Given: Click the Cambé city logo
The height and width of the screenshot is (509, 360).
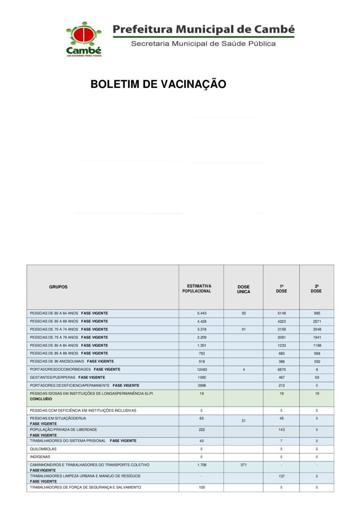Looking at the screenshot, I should [84, 39].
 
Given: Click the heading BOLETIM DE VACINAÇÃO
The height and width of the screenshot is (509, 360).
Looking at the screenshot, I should [158, 84].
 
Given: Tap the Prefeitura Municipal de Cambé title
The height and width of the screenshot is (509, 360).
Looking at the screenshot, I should [204, 30].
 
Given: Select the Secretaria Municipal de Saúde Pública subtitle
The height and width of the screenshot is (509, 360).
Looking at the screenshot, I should [203, 44].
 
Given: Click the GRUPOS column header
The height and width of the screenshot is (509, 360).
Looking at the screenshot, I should [58, 287].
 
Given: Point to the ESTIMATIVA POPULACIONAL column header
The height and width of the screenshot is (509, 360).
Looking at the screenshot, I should [199, 289].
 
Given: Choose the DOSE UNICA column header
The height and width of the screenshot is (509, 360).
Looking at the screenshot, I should [243, 289].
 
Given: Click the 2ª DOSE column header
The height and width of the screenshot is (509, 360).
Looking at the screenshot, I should [316, 289].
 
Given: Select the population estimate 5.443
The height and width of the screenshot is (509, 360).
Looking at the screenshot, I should [201, 313].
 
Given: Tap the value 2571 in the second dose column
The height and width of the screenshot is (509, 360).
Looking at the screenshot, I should [317, 322].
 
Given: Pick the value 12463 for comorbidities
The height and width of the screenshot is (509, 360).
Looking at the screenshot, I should [201, 370].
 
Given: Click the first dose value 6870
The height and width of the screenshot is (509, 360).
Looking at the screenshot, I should [281, 370].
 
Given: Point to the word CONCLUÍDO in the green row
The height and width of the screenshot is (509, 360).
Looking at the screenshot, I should [41, 399].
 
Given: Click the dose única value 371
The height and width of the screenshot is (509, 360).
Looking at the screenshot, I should [243, 465].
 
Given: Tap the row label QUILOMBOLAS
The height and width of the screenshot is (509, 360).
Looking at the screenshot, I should [43, 449].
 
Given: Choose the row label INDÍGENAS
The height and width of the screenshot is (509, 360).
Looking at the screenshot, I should [40, 457].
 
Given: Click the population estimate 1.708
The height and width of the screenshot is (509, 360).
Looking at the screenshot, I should [201, 465].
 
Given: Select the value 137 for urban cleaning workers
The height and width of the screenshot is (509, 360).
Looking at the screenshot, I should [281, 476].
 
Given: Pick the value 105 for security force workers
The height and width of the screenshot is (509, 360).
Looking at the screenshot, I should [201, 488].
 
